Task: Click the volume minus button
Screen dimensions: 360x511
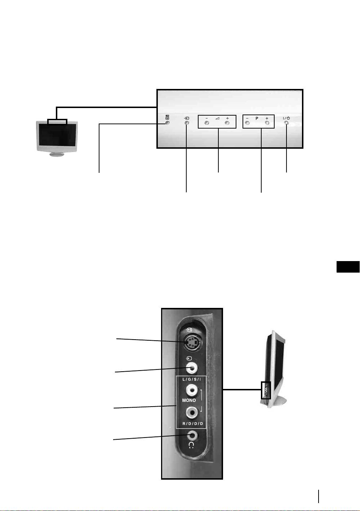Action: [x=206, y=123]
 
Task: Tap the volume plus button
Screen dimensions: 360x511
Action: [x=227, y=123]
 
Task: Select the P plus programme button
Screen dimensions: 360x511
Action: [x=267, y=123]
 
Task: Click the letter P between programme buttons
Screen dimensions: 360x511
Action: [x=257, y=118]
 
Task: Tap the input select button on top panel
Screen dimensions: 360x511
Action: [x=187, y=123]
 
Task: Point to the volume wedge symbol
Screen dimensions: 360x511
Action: [x=217, y=118]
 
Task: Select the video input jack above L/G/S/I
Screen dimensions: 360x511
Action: [x=191, y=368]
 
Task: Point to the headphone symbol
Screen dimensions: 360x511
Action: [x=191, y=445]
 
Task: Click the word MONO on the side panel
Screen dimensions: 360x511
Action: [x=189, y=400]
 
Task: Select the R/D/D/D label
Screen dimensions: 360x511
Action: [x=192, y=423]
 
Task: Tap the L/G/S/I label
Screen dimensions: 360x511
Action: [x=192, y=380]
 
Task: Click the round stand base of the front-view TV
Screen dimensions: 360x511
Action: [x=57, y=154]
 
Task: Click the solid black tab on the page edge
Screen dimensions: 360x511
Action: [x=348, y=267]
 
